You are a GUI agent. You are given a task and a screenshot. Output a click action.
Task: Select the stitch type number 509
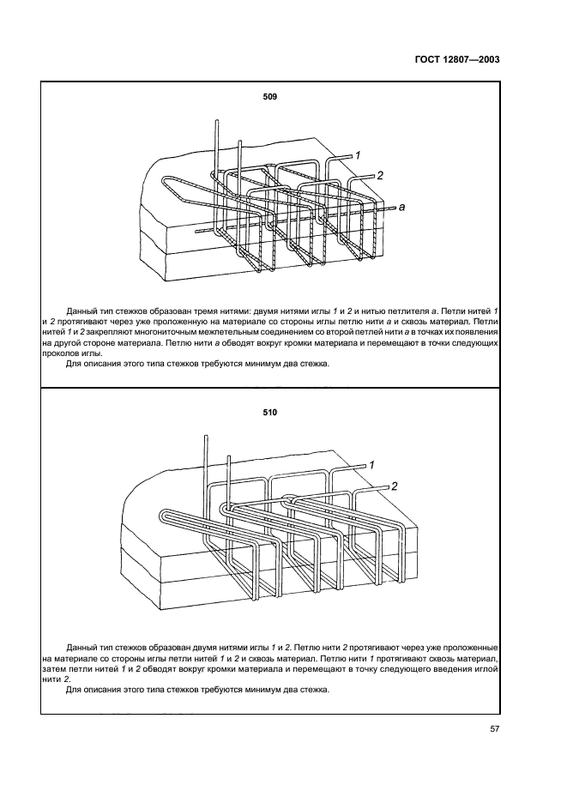coord(269,97)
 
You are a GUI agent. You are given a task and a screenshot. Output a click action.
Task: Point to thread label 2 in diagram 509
coord(379,175)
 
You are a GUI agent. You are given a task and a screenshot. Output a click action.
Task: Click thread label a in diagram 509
coord(401,207)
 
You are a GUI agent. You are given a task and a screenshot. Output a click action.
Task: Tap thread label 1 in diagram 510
coord(371,464)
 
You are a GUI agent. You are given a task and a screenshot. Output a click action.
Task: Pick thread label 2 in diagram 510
coord(395,486)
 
